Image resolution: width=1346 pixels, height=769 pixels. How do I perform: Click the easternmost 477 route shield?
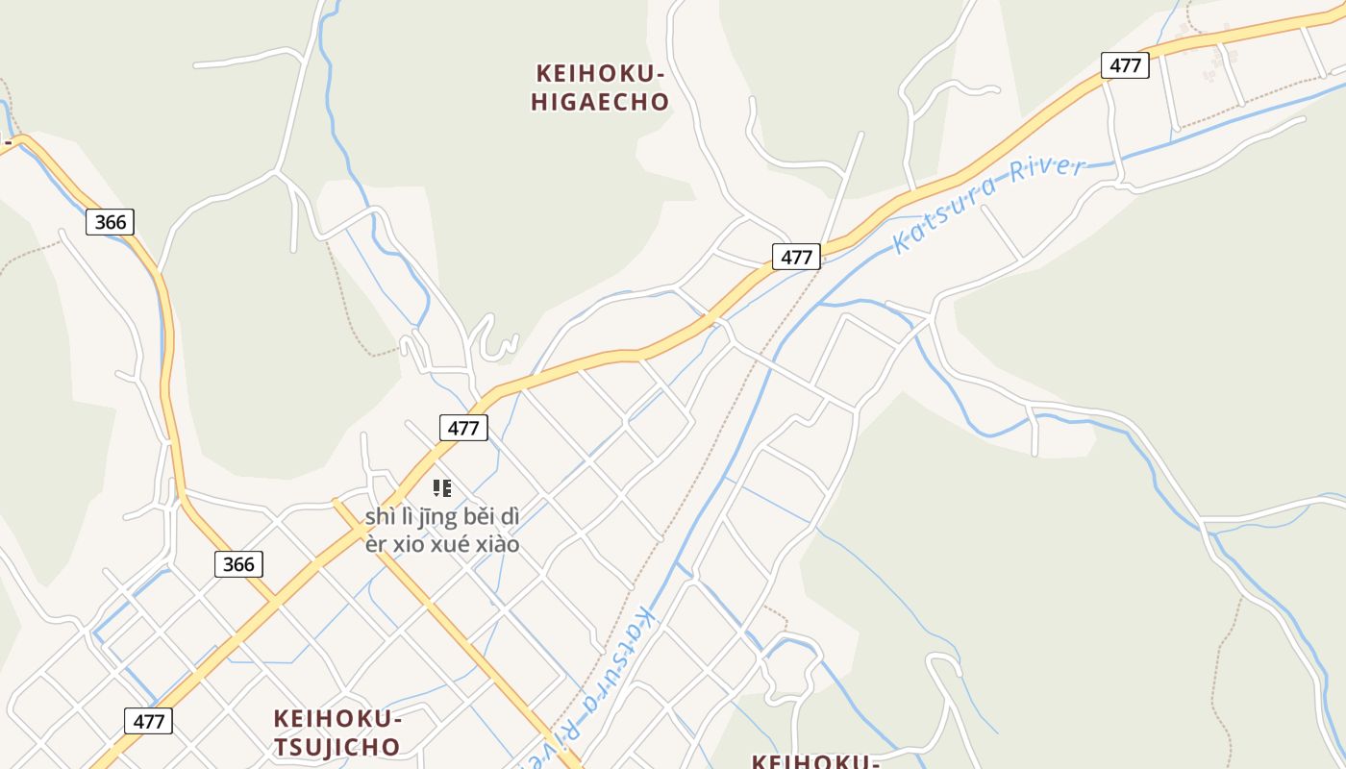[1125, 65]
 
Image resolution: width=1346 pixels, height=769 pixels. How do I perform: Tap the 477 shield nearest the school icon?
[463, 428]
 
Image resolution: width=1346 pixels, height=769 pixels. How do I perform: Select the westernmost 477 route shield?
[148, 721]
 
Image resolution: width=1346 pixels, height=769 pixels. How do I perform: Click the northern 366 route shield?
[111, 222]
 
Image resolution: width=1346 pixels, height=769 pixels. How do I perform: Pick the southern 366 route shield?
[238, 564]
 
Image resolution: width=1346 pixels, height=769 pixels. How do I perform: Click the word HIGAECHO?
[600, 102]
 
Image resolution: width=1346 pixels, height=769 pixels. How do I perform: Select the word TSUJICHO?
[336, 747]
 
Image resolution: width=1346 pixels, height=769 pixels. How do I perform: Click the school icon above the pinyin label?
[442, 488]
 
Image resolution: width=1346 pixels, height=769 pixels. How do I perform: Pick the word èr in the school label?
[376, 544]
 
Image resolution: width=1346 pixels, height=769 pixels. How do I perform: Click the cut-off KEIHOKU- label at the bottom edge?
[815, 761]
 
